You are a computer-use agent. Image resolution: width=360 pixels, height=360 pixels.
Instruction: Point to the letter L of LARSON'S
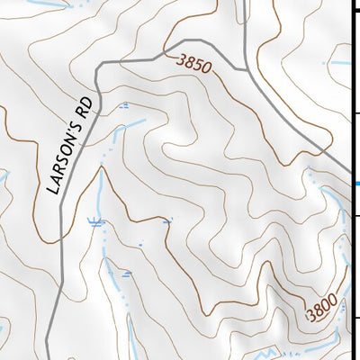[x=52, y=190]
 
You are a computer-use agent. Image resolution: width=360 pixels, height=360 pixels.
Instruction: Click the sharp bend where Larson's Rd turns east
[x=98, y=63]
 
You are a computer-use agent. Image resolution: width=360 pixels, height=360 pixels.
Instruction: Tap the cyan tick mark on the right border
[x=356, y=183]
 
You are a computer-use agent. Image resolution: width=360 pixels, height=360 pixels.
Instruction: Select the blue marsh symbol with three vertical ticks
[x=94, y=220]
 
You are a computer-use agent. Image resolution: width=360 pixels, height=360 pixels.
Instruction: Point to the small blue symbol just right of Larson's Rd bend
[x=123, y=105]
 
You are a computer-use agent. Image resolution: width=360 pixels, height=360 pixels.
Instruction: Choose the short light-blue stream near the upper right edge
[x=339, y=63]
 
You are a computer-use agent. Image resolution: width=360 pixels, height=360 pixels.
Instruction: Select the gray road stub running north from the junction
[x=245, y=31]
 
